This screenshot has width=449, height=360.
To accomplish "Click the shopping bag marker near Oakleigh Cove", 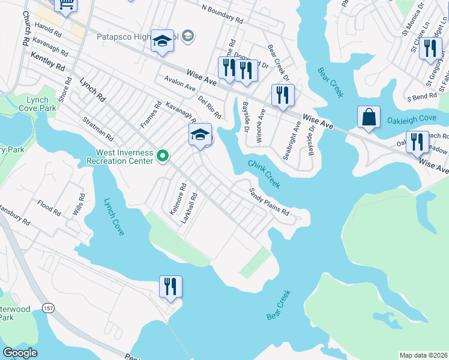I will click(x=369, y=117).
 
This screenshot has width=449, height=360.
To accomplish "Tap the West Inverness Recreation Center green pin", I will click(x=162, y=157).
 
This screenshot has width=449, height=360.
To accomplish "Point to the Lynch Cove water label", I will click(x=113, y=217).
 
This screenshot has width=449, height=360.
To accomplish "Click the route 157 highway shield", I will click(x=47, y=307).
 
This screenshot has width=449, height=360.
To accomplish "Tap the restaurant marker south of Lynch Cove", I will click(x=170, y=286).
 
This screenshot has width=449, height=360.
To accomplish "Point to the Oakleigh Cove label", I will click(x=411, y=119).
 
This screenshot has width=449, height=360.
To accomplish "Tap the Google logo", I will click(x=20, y=353).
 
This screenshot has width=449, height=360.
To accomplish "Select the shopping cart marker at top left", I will click(x=66, y=4).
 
